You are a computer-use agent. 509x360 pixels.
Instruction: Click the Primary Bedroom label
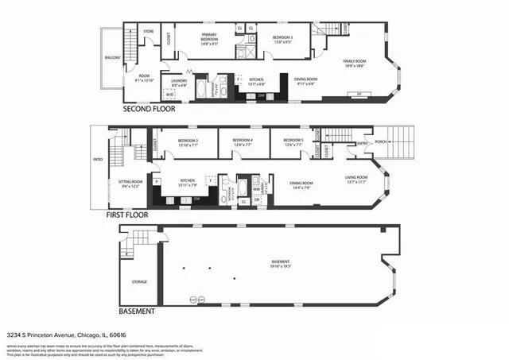coord(210,36)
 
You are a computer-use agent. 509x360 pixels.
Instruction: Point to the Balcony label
coord(112,58)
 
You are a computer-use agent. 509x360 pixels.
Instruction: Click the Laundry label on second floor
coord(179,80)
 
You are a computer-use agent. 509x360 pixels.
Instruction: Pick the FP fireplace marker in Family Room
coord(359,94)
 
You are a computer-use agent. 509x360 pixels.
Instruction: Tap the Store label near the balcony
coord(148,31)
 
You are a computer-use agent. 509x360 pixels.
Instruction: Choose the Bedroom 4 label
coord(243,141)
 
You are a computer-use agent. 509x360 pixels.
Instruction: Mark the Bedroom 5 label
coord(293,141)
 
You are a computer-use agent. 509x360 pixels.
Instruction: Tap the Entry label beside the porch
coord(363,143)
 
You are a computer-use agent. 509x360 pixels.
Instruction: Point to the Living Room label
coord(356,176)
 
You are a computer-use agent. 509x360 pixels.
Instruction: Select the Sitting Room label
coord(131,182)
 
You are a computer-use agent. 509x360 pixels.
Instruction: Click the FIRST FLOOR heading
coord(127,215)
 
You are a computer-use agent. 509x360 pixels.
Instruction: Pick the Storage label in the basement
coord(139,281)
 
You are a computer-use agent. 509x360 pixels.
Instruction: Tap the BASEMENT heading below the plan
coord(136,312)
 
